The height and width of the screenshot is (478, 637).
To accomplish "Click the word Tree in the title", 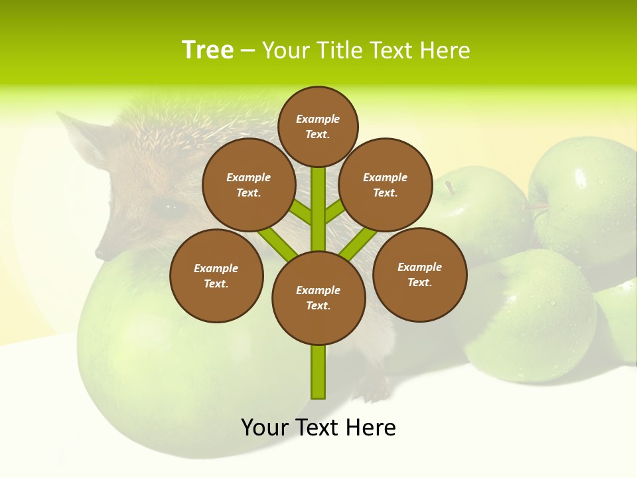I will pyautogui.click(x=208, y=50).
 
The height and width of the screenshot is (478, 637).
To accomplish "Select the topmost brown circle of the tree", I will pyautogui.click(x=318, y=126).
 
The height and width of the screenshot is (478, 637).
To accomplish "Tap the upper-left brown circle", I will pyautogui.click(x=249, y=185).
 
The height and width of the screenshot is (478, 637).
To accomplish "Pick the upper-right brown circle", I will pyautogui.click(x=386, y=185).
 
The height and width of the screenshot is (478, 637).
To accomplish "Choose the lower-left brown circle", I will pyautogui.click(x=216, y=276).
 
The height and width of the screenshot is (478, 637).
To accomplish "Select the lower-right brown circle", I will pyautogui.click(x=419, y=274).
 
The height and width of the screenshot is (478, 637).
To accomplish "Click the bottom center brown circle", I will pyautogui.click(x=318, y=297).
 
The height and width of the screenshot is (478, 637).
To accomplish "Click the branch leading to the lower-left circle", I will pyautogui.click(x=277, y=243).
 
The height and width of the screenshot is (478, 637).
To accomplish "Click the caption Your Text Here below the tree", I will pyautogui.click(x=318, y=428).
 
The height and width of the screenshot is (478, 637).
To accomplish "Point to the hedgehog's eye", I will pyautogui.click(x=170, y=208).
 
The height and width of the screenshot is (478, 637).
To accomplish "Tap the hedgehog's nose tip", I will pyautogui.click(x=100, y=253).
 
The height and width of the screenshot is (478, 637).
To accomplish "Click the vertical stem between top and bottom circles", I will pyautogui.click(x=318, y=209).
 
